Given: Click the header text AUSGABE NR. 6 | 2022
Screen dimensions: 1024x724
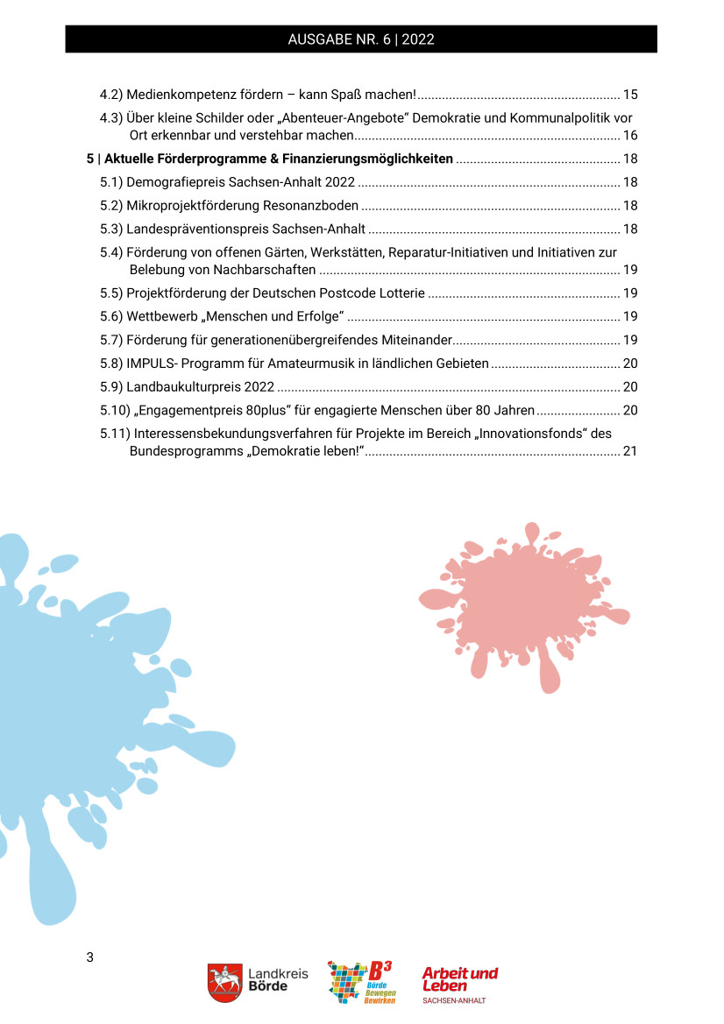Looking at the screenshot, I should [x=361, y=39].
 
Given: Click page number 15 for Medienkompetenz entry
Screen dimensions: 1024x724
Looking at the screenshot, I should [x=630, y=94].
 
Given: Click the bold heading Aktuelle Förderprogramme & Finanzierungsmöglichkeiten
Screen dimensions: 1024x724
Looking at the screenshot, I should [x=278, y=159].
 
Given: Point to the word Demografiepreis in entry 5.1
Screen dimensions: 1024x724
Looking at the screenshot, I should [x=172, y=182].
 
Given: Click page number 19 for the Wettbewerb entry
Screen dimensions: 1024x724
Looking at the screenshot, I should [x=630, y=316].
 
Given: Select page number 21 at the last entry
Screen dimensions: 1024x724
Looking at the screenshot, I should [x=630, y=451].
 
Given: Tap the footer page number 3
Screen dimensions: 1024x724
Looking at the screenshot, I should [x=89, y=956].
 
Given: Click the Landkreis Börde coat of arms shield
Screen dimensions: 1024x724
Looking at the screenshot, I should [x=224, y=983].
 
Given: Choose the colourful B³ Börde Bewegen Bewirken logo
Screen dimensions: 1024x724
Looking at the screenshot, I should [x=360, y=982].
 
